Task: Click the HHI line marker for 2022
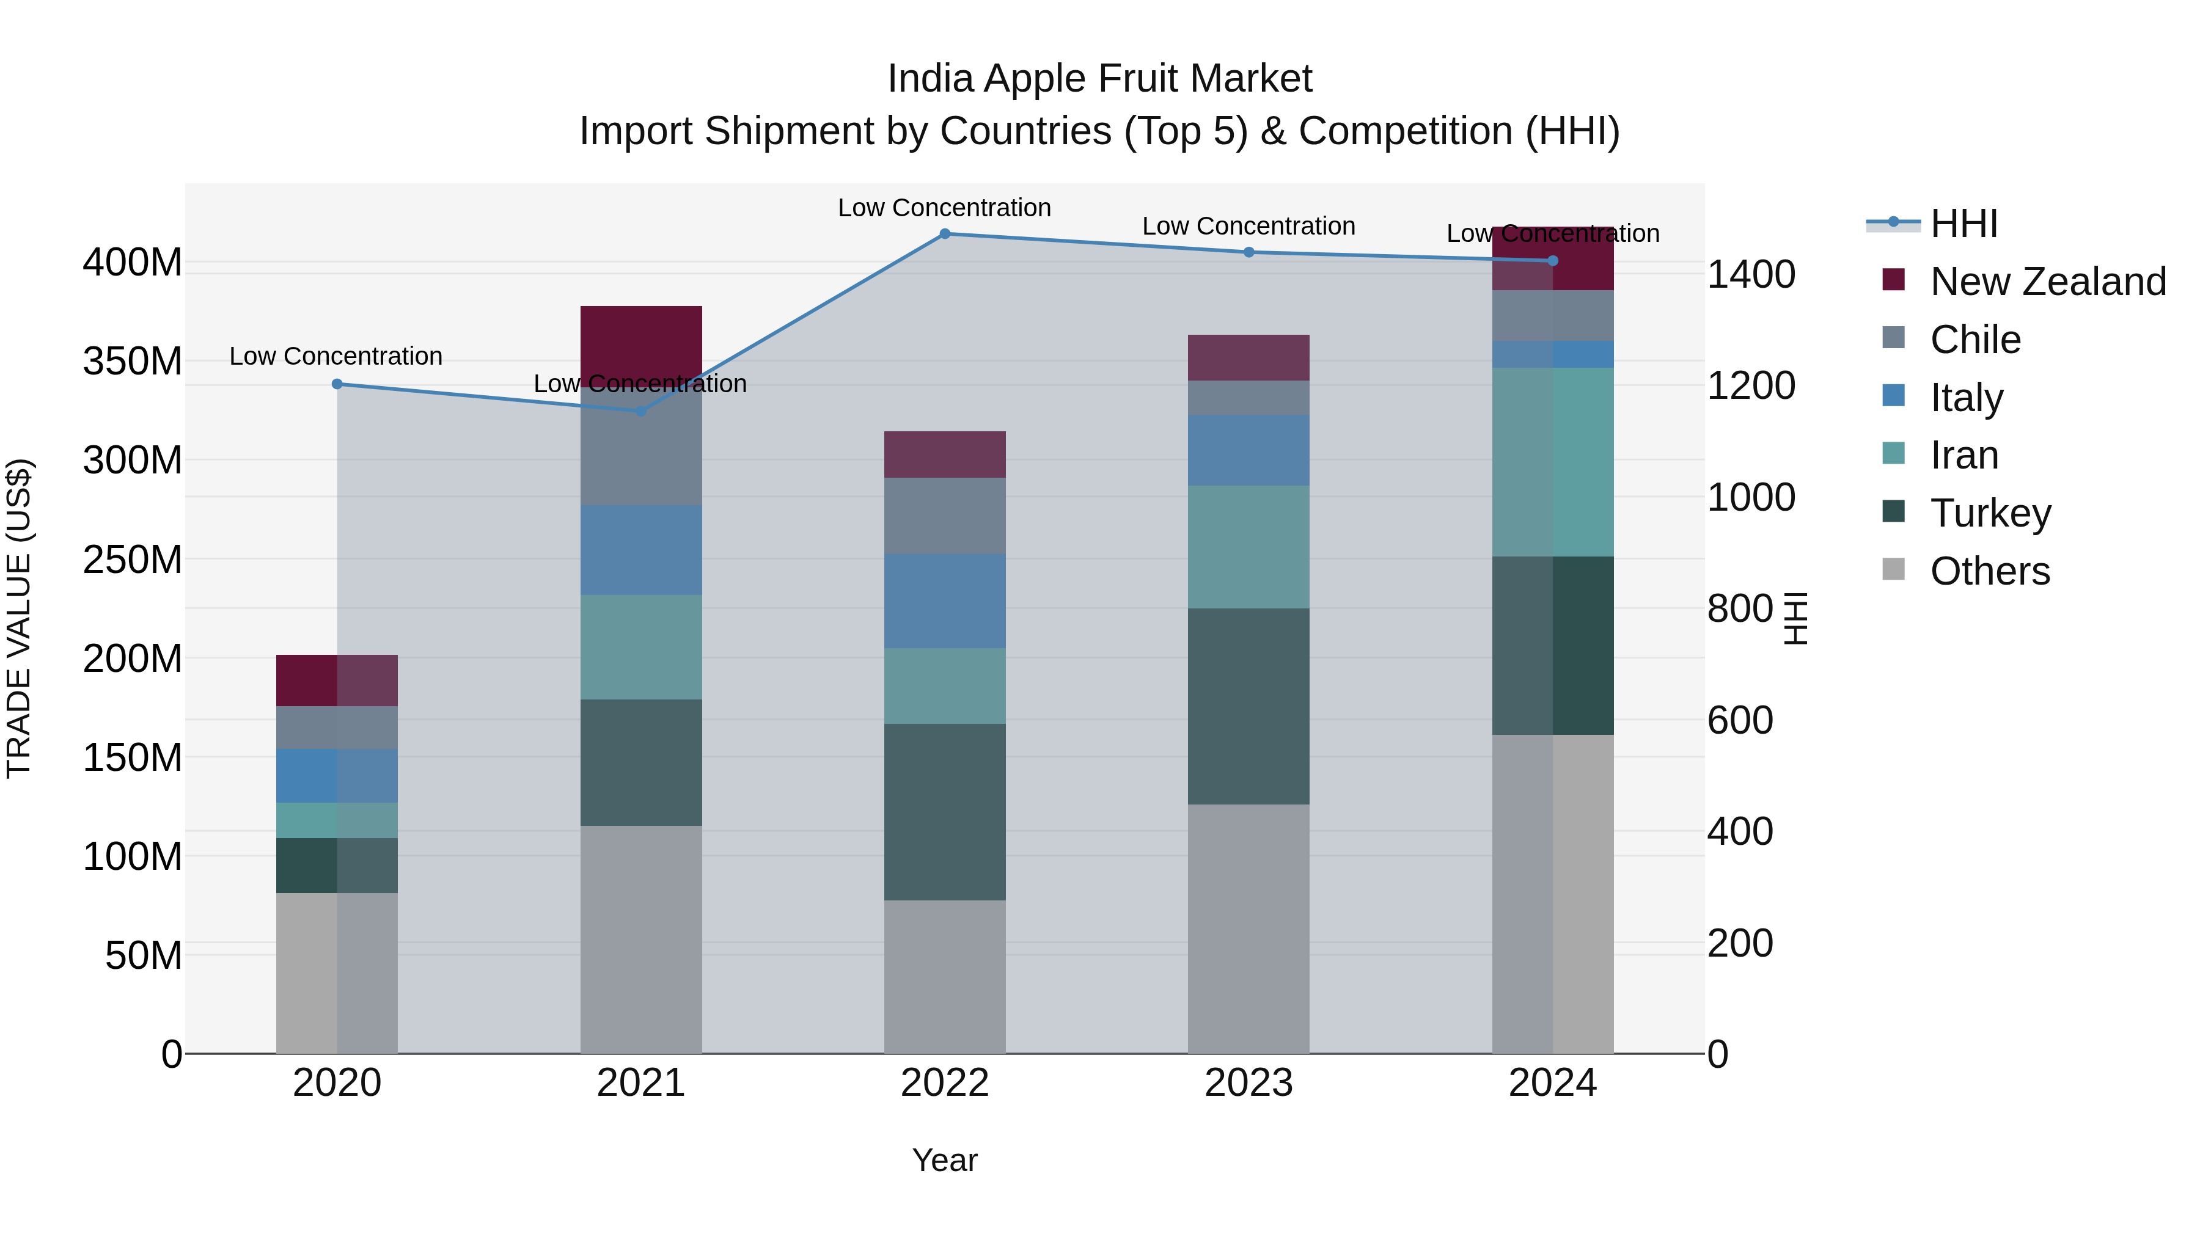945,234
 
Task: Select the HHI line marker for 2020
337,384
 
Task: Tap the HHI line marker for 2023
1248,252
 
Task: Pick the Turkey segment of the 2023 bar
1248,706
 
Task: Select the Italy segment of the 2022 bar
945,601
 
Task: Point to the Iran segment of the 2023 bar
1248,547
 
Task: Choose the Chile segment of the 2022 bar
945,516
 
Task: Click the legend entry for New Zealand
2047,282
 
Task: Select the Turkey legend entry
1990,513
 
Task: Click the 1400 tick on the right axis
1751,275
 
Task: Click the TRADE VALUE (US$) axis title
19,618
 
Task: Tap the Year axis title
945,1160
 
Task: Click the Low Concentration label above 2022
945,208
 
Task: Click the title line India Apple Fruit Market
1099,79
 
